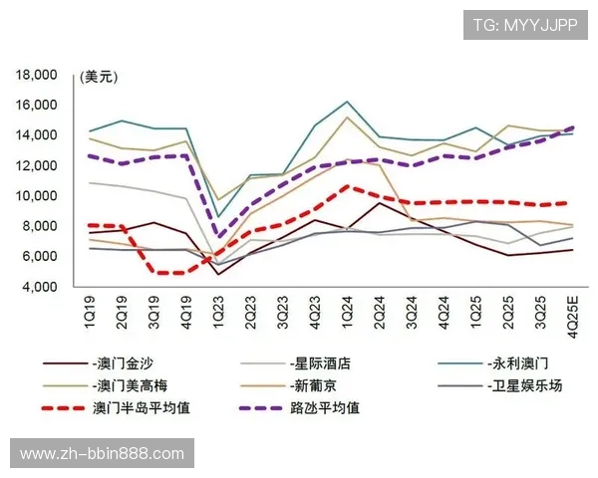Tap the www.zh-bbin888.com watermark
pyautogui.click(x=101, y=454)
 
